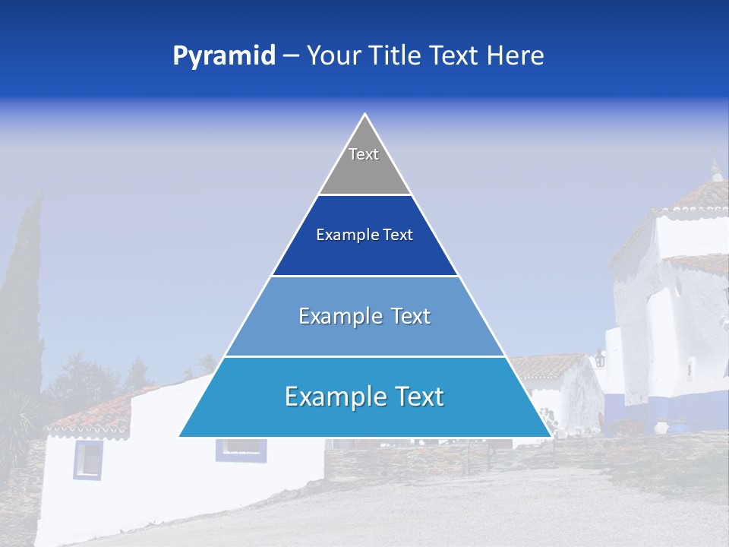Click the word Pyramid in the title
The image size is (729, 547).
tap(224, 56)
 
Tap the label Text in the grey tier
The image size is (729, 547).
tap(364, 154)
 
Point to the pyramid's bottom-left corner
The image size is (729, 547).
tap(180, 436)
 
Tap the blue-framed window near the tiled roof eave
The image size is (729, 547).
tap(87, 459)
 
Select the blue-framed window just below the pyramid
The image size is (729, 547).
tap(241, 450)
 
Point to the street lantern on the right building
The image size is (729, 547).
tap(600, 357)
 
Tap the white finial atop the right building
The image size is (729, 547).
tap(715, 170)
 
